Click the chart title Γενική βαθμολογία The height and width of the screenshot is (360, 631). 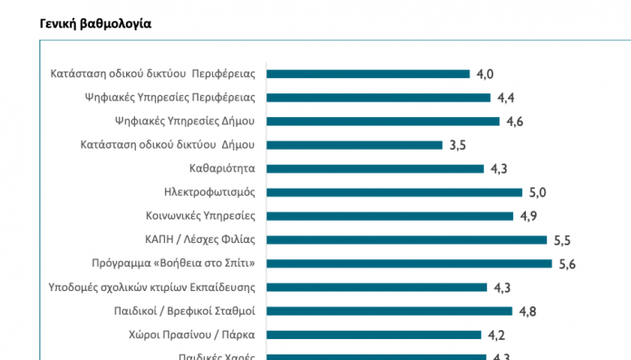[95, 24]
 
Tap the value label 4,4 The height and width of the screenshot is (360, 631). [507, 98]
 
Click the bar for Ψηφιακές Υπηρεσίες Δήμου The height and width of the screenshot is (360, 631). [382, 122]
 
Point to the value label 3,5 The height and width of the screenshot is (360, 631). [459, 145]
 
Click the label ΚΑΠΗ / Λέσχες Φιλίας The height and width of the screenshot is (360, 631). [199, 240]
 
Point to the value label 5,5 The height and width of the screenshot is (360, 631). [563, 240]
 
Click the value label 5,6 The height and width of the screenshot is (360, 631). [568, 264]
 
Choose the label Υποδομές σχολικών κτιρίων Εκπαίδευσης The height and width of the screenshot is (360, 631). [152, 287]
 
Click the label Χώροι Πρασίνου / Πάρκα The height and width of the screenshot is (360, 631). [192, 335]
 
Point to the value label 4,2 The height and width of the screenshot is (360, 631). [496, 335]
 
